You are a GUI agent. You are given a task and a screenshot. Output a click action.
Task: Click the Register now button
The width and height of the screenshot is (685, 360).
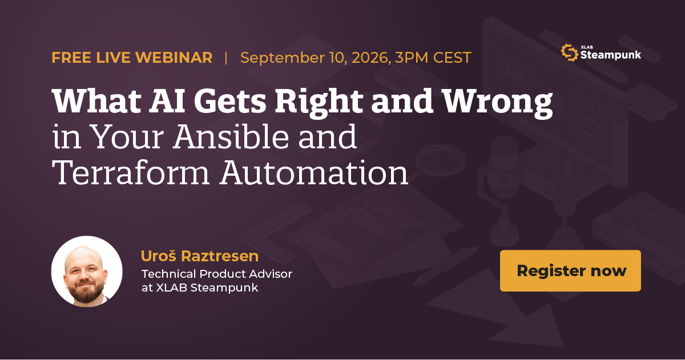point(570,270)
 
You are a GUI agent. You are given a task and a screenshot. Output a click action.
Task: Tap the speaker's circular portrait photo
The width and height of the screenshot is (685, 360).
point(87,271)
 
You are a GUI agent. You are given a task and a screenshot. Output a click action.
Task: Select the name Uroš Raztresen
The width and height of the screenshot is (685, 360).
point(200,256)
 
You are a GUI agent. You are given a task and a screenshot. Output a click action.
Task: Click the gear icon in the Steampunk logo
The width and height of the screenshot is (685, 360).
point(570,52)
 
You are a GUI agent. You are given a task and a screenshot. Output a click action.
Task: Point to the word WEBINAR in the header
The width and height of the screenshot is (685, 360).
point(174,58)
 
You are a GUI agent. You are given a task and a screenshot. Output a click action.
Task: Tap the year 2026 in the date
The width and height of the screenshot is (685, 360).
point(371,58)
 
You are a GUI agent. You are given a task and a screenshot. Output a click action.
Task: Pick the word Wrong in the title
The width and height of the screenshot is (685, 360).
point(498,102)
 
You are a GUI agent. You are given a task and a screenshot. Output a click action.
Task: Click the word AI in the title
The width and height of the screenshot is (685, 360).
point(167,100)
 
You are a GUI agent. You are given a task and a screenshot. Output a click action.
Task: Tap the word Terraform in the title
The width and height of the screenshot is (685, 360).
point(131,172)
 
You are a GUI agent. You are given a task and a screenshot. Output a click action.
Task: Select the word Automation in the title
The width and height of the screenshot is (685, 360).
point(314,172)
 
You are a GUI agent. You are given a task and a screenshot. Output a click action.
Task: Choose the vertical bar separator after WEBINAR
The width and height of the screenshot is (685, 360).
point(226,58)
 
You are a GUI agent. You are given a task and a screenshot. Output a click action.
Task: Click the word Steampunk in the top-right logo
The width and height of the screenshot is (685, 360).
point(610,55)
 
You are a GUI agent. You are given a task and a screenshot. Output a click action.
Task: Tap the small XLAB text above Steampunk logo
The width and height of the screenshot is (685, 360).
point(587,47)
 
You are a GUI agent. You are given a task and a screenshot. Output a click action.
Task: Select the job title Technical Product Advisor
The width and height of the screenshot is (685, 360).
point(217,274)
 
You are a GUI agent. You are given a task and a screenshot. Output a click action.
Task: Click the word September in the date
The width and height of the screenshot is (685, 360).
point(282,58)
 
